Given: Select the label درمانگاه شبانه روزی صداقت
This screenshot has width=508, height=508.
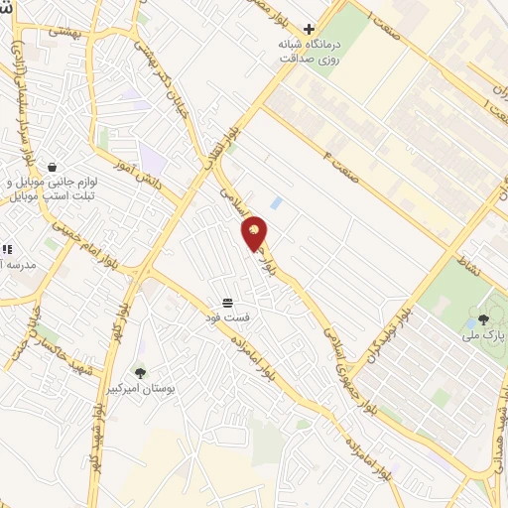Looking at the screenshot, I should pyautogui.click(x=311, y=52).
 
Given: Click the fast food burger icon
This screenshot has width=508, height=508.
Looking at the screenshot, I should pyautogui.click(x=228, y=302).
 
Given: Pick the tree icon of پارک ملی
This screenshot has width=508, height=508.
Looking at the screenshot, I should pyautogui.click(x=483, y=319).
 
